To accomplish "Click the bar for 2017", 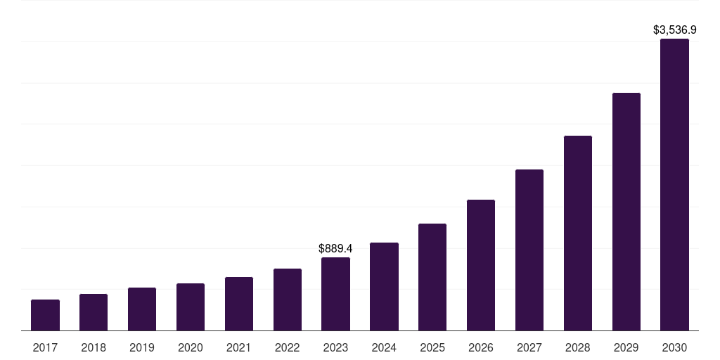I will pos(45,315).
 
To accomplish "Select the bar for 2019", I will pos(142,309).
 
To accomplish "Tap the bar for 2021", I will pos(239,304).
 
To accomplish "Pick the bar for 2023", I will pos(335,294).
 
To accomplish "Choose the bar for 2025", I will pos(432,277).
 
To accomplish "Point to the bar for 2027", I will pos(529,250).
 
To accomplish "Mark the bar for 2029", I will pos(626,212).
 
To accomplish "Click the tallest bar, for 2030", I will pos(674,184).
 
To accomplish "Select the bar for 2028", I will pos(578,233).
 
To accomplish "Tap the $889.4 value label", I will pos(335,249).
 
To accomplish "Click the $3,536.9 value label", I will pos(674,30).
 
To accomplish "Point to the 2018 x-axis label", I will pos(94,347).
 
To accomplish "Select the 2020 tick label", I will pos(191,347).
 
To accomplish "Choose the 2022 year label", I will pos(288,347).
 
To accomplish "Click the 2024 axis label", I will pos(384,347).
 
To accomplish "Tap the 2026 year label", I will pos(481,347).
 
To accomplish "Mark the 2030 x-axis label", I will pos(674,347).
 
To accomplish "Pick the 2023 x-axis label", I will pos(335,347).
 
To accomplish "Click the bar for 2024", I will pos(384,286).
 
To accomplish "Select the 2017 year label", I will pos(45,347).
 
